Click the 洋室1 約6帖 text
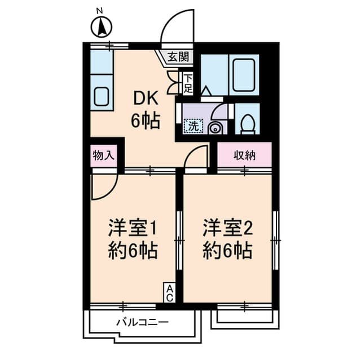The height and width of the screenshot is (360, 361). click(133, 238)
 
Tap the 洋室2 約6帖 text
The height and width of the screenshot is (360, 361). click(227, 238)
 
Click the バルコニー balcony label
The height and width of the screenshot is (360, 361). click(142, 323)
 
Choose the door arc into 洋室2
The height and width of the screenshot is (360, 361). click(196, 156)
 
